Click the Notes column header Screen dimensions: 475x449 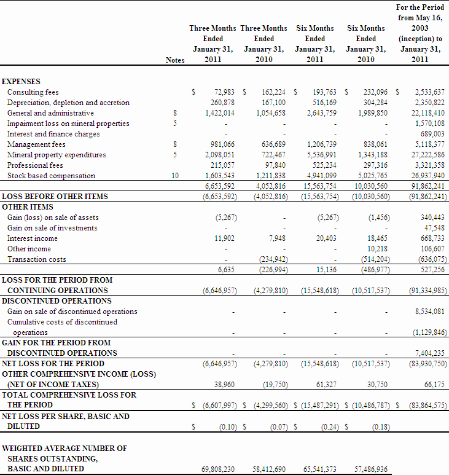[175, 60]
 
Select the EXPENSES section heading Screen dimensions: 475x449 [21, 82]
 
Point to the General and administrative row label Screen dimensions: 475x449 [50, 113]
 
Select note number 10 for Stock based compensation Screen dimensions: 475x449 [175, 176]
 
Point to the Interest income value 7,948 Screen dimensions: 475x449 [276, 238]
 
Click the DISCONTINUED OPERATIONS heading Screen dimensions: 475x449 [57, 301]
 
